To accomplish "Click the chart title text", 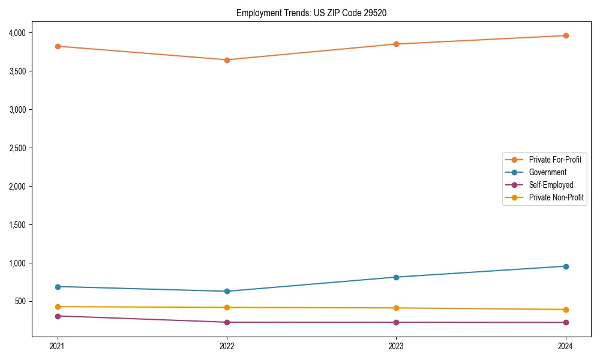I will pyautogui.click(x=316, y=13).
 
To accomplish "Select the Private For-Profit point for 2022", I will pyautogui.click(x=227, y=60).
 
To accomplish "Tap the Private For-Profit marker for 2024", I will pyautogui.click(x=566, y=35).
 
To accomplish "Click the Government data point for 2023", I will pyautogui.click(x=396, y=277).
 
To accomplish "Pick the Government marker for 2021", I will pyautogui.click(x=58, y=287).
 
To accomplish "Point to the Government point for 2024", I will pyautogui.click(x=566, y=266).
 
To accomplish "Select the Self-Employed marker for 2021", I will pyautogui.click(x=58, y=316).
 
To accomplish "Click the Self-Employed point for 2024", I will pyautogui.click(x=566, y=323).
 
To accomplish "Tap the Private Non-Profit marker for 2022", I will pyautogui.click(x=227, y=307).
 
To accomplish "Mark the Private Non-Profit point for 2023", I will pyautogui.click(x=396, y=308).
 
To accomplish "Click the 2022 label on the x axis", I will pyautogui.click(x=227, y=346).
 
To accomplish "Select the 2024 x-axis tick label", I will pyautogui.click(x=566, y=346).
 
